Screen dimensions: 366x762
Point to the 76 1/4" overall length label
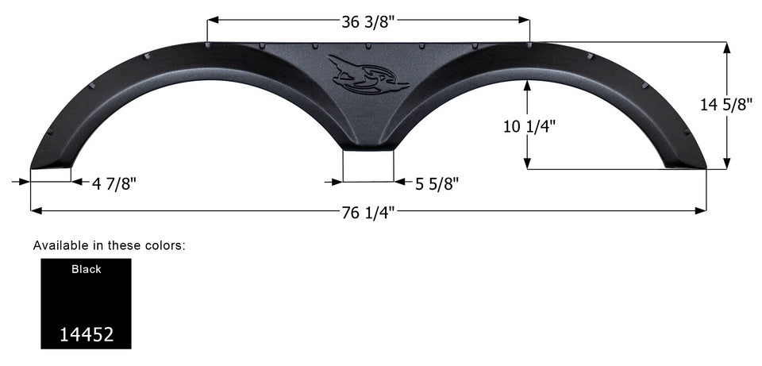pos(368,211)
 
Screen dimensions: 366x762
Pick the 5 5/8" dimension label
pos(437,183)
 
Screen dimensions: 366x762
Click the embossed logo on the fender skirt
pos(368,75)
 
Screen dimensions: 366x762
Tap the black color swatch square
pos(86,303)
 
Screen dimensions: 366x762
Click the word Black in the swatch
pos(86,269)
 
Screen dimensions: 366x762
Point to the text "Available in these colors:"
pos(109,245)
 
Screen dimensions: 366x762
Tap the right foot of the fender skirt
pos(685,163)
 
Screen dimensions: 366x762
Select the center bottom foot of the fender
pos(368,145)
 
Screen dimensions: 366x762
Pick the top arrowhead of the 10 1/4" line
pos(527,85)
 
